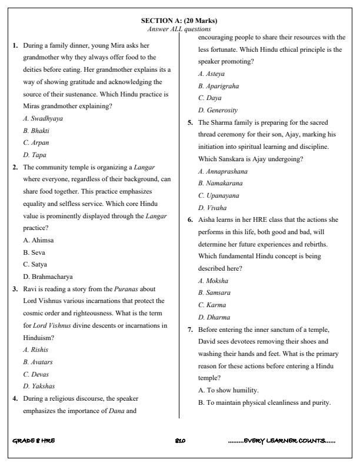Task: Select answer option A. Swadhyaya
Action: tap(43, 118)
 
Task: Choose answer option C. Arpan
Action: tap(36, 142)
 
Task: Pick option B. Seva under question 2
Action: tap(35, 252)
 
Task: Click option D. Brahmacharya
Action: tap(48, 277)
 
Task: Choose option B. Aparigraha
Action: tap(220, 86)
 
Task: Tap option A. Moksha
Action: tap(214, 281)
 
